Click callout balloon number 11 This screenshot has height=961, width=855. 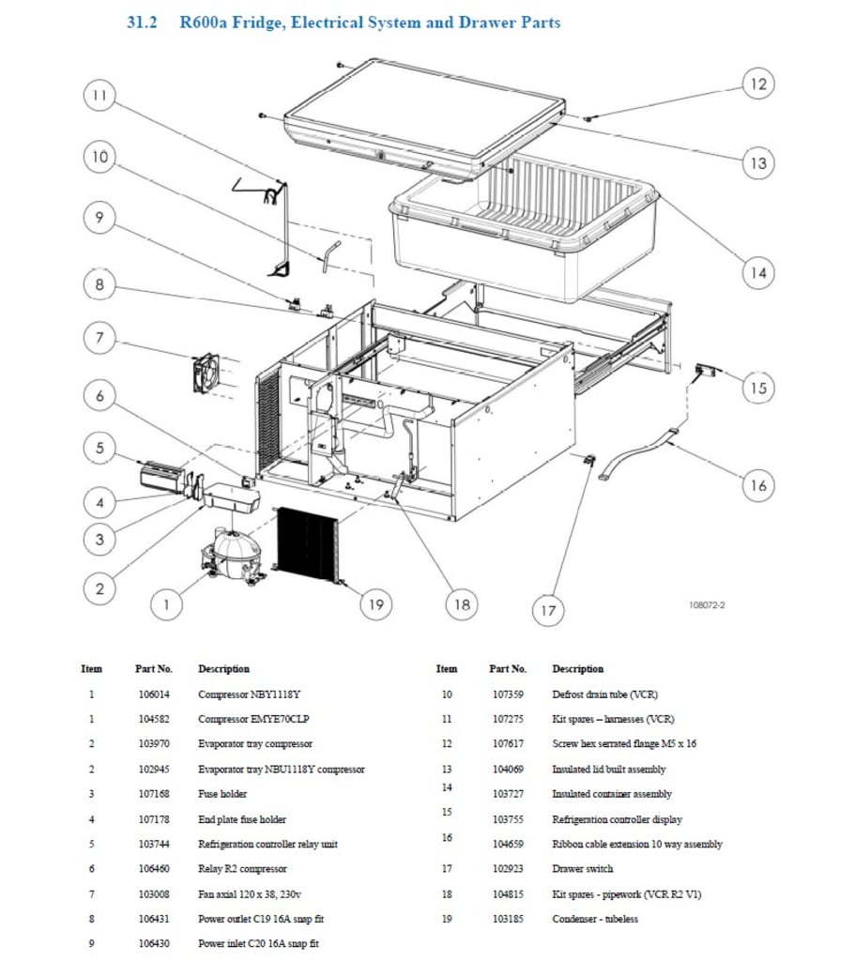pyautogui.click(x=99, y=95)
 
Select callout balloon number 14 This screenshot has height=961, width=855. pyautogui.click(x=757, y=273)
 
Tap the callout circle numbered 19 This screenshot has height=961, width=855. pyautogui.click(x=375, y=604)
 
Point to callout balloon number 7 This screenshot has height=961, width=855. pyautogui.click(x=99, y=338)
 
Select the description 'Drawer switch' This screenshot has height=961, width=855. pyautogui.click(x=582, y=869)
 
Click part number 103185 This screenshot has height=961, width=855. pyautogui.click(x=508, y=919)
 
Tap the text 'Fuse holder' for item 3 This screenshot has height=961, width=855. pyautogui.click(x=222, y=794)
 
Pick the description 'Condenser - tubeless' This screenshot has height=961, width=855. pyautogui.click(x=594, y=919)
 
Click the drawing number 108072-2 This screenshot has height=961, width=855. pyautogui.click(x=707, y=605)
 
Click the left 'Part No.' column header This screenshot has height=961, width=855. pyautogui.click(x=153, y=669)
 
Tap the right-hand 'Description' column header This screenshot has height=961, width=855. pyautogui.click(x=578, y=669)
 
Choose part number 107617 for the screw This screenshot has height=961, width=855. pyautogui.click(x=508, y=744)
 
